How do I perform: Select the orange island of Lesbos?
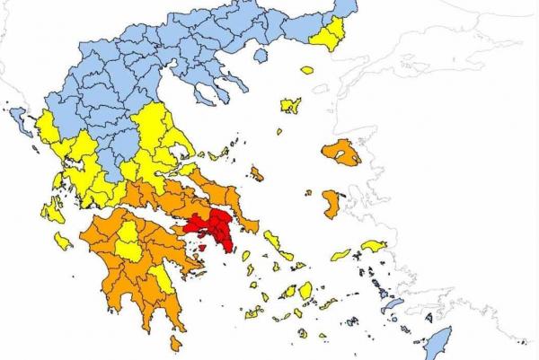point(342,153)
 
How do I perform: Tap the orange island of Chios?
point(331,204)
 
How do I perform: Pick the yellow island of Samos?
point(373,246)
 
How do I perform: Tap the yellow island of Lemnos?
point(289,106)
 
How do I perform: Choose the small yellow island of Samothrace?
point(307,69)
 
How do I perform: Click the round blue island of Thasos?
point(259,56)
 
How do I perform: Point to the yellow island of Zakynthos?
point(63,241)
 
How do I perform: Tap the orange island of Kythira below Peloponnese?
point(175,343)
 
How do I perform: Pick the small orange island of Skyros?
point(257,173)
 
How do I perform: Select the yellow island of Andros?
point(272,240)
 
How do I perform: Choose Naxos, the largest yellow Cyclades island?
point(305,290)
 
